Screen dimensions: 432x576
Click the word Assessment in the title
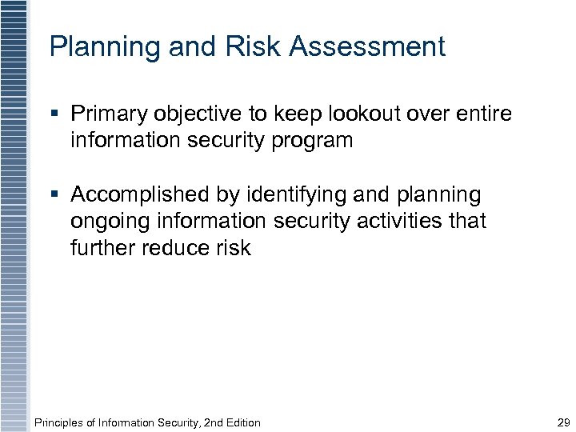367,46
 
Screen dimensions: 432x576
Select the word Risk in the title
253,46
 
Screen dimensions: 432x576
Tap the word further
103,248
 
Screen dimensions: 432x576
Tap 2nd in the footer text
208,422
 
